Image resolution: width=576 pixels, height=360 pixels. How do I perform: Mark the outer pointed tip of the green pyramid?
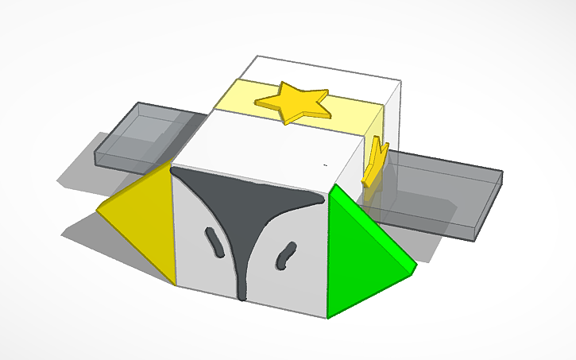pyautogui.click(x=416, y=268)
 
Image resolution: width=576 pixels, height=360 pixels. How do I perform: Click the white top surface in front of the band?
pyautogui.click(x=262, y=143)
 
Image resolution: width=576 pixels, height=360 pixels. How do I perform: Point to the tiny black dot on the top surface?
pyautogui.click(x=324, y=165)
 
